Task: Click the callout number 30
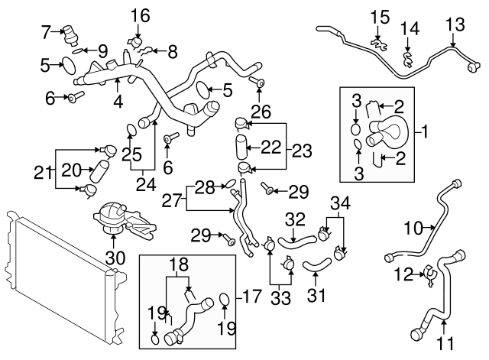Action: [x=115, y=258]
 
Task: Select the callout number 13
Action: [x=455, y=25]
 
